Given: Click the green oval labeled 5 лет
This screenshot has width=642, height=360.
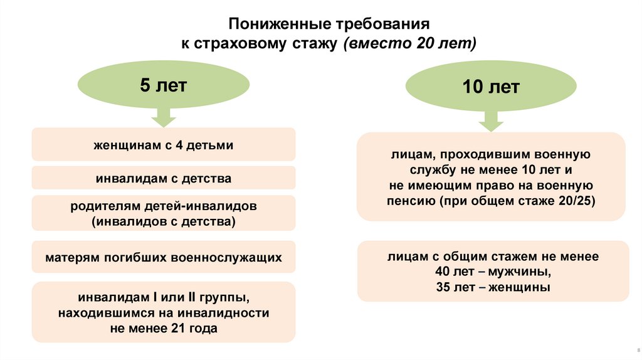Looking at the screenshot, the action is point(163,86).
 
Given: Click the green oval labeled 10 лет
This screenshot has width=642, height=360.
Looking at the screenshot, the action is point(491,88).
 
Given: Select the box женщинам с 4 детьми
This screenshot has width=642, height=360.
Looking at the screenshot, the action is point(164,145).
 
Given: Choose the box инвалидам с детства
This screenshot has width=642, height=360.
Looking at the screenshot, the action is point(164,179).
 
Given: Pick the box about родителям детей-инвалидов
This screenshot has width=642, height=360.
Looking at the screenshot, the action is point(164,214).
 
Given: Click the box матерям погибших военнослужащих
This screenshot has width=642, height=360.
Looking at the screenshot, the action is point(164,257).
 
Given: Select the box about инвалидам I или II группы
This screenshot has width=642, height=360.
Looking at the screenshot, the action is point(164,312).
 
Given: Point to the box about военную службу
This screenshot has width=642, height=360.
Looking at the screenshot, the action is point(491,177).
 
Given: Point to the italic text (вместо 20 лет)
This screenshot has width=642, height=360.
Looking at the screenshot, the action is point(410,44).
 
